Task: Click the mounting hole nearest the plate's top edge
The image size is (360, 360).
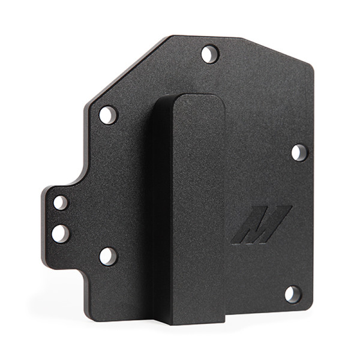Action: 209,54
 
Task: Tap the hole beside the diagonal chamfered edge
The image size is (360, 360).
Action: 108,115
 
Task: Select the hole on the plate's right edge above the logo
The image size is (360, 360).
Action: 299,152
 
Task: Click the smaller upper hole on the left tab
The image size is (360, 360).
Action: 61,202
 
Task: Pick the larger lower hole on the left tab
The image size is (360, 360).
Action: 61,233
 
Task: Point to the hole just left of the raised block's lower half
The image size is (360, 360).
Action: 108,256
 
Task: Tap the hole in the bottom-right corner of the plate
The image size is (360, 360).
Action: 292,294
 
